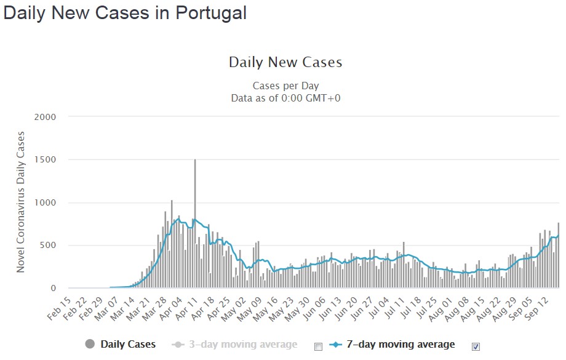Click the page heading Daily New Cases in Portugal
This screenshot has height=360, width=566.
click(125, 13)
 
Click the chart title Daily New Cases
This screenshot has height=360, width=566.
click(285, 62)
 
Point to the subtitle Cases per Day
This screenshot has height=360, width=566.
click(285, 86)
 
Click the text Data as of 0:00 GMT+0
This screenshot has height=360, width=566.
click(285, 97)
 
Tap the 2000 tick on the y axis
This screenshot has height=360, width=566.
click(46, 117)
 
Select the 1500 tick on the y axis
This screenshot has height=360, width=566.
click(46, 160)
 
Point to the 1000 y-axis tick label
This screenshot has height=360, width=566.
click(46, 202)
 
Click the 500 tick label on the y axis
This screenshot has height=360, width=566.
click(48, 246)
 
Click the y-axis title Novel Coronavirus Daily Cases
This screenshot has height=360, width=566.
click(21, 202)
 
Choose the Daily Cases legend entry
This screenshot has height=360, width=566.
click(128, 345)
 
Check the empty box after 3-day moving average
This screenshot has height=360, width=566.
click(318, 346)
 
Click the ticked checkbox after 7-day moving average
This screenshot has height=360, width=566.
click(476, 346)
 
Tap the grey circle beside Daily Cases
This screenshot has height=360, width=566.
click(90, 345)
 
